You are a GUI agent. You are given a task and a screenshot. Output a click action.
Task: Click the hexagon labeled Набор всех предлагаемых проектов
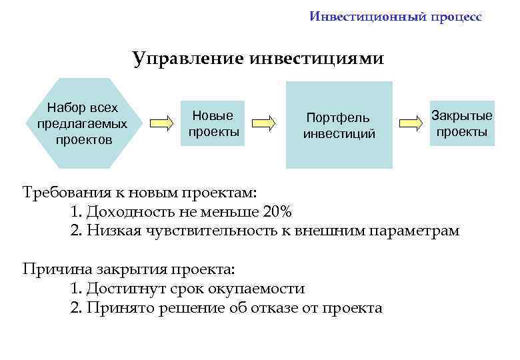point(83,123)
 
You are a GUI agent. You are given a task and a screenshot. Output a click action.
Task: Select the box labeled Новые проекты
point(214,123)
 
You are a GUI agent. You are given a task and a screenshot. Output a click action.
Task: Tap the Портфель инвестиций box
point(339,125)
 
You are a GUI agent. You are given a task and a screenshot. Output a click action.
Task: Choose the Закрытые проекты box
point(461,124)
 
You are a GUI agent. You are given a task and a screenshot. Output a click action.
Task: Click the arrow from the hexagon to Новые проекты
point(160,123)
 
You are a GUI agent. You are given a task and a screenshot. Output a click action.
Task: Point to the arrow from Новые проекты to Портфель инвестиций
point(265,123)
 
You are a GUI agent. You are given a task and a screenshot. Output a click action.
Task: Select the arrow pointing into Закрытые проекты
point(411,123)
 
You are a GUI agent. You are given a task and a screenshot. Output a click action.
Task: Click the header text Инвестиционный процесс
point(395,17)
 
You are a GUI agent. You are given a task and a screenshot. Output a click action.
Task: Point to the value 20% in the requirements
point(277,213)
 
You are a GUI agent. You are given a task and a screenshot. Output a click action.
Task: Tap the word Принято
point(119,307)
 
